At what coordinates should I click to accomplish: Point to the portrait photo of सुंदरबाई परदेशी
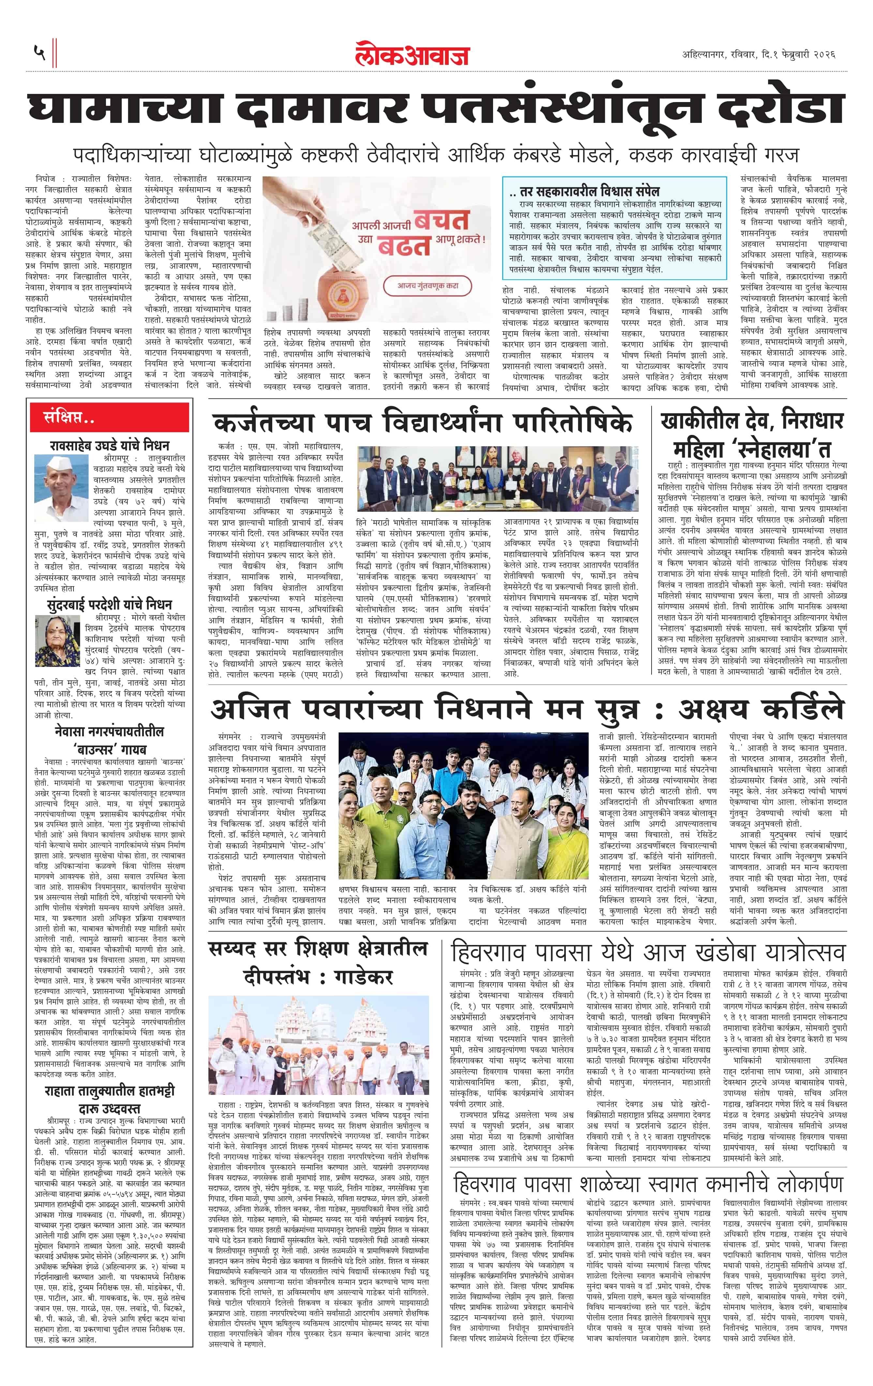click(57, 640)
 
